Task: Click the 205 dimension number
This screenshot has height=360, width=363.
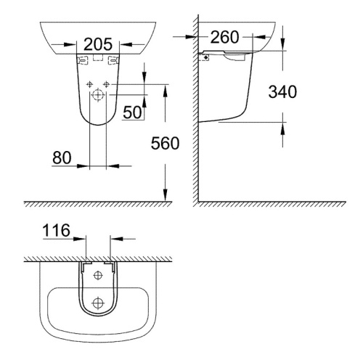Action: [x=97, y=43]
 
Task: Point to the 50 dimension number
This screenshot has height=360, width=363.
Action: [x=133, y=112]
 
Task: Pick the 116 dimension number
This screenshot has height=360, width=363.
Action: [x=57, y=232]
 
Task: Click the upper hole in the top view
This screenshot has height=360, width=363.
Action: [x=99, y=275]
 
